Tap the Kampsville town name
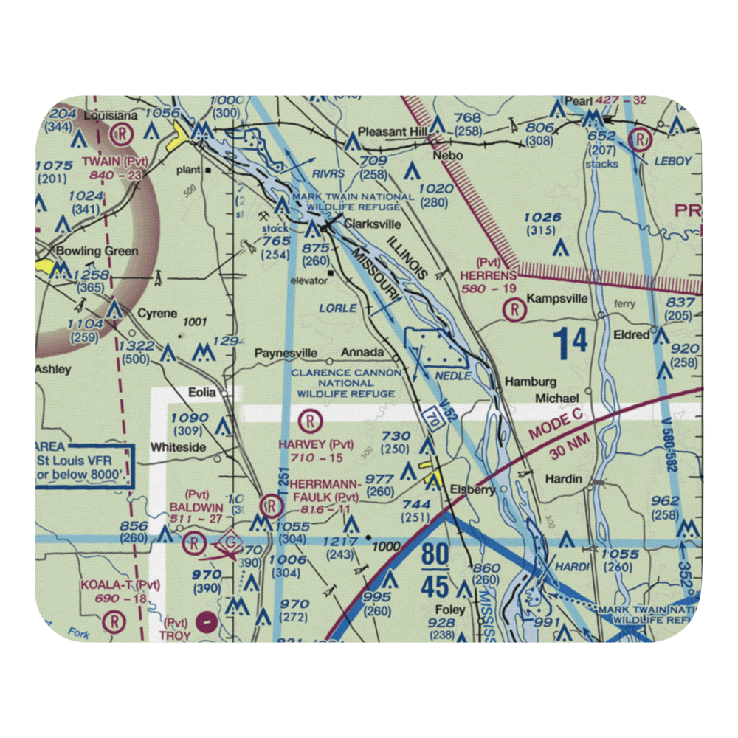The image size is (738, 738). tap(556, 300)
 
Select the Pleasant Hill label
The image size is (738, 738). tap(393, 133)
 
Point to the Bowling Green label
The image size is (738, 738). tap(97, 251)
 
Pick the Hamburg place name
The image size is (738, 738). tap(530, 382)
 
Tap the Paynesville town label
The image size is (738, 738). tap(286, 353)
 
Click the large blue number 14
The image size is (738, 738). tap(570, 342)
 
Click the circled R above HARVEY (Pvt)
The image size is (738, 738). tap(311, 422)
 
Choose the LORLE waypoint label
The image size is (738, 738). tap(338, 308)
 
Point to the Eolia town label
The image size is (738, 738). tap(202, 393)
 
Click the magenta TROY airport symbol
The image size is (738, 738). tap(209, 620)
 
